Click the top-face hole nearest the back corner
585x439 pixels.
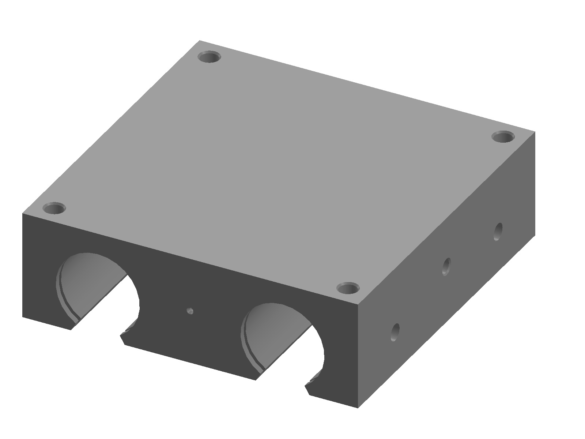pos(210,57)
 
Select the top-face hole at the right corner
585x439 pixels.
pos(503,138)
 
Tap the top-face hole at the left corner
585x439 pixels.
pos(54,209)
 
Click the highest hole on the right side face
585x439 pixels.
pos(498,232)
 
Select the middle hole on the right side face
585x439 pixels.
pos(446,266)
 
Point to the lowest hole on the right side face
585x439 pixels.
pos(395,332)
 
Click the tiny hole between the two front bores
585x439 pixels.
pos(189,311)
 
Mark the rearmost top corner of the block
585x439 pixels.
pos(200,41)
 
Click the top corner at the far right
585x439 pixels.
pos(535,132)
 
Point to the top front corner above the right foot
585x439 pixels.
pos(358,305)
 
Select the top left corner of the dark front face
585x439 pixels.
pos(23,213)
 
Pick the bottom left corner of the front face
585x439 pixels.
pos(23,317)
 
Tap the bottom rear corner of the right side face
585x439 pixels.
pos(535,234)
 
